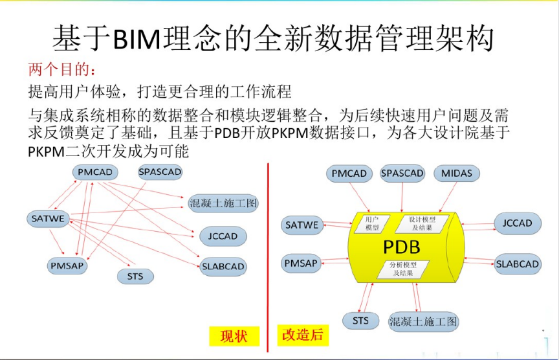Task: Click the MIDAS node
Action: point(457,174)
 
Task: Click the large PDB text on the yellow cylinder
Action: point(402,247)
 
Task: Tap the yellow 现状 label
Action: point(234,336)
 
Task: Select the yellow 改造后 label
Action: point(303,335)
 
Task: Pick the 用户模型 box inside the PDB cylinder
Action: point(371,224)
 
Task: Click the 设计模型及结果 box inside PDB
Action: point(422,224)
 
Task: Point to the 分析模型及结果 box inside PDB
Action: point(403,269)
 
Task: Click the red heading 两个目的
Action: point(62,69)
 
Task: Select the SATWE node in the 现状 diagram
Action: point(48,219)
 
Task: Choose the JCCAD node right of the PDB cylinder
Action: point(518,223)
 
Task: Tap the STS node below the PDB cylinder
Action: point(360,321)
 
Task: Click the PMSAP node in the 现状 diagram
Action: point(67,266)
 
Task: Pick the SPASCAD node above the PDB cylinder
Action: point(402,174)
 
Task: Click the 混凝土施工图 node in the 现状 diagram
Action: point(223,203)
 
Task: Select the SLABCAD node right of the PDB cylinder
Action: point(518,264)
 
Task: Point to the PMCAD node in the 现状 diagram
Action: point(95,172)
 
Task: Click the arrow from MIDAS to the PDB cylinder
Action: point(448,197)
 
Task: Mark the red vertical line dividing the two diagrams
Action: point(268,258)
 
